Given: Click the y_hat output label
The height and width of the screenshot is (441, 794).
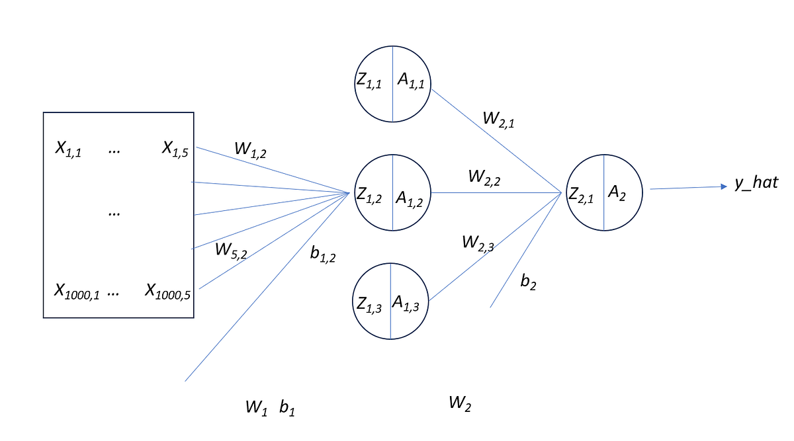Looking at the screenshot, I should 756,183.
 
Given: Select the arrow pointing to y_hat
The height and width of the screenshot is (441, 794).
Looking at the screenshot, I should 688,188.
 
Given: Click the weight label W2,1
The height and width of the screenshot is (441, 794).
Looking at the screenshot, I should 500,120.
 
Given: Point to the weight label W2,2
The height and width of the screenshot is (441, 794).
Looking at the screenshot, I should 485,177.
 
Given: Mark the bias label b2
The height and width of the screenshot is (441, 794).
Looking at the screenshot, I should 529,283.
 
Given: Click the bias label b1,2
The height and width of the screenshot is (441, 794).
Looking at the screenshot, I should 323,254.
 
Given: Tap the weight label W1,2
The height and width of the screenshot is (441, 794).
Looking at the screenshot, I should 251,149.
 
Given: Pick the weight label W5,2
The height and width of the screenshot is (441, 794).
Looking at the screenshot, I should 230,251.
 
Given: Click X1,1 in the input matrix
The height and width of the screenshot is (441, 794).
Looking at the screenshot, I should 68,149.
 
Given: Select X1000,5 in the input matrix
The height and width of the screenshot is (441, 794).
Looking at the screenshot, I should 168,292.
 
